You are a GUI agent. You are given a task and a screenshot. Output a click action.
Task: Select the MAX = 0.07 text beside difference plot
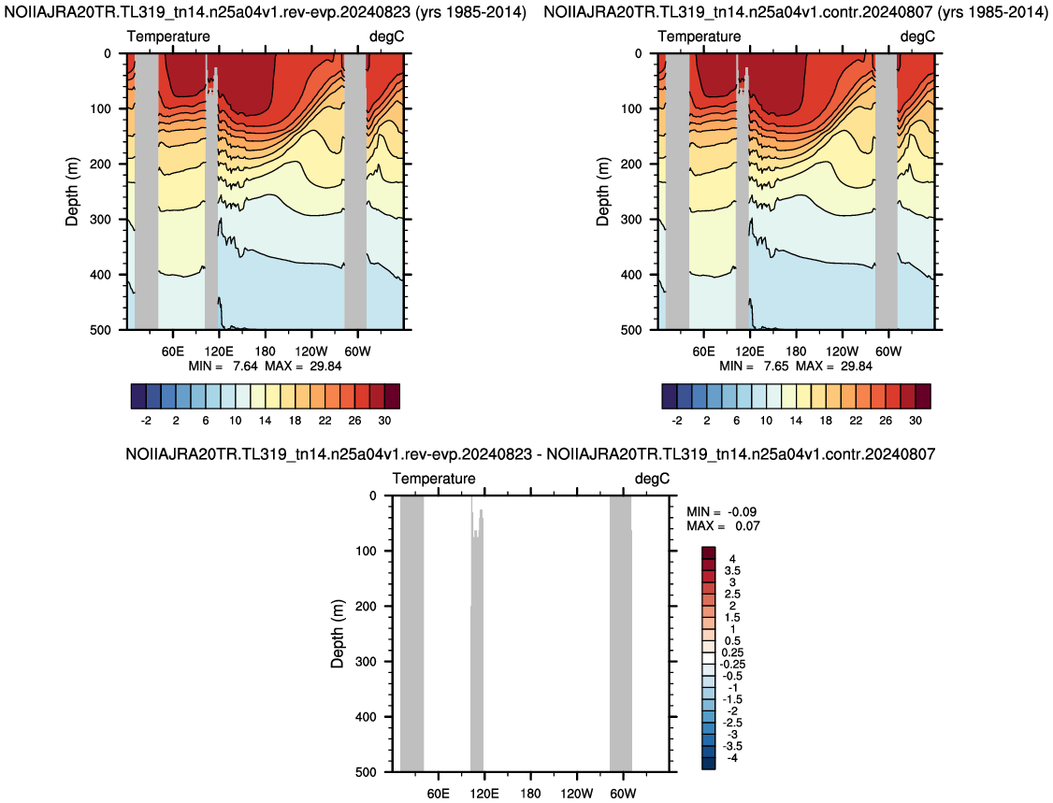(723, 525)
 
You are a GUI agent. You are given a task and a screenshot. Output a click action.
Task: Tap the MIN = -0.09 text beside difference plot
(721, 511)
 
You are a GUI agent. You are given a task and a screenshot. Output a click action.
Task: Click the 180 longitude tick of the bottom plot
(530, 794)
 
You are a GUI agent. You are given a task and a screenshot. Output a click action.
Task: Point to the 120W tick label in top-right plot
(843, 351)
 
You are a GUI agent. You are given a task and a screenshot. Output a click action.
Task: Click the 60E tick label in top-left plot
(173, 351)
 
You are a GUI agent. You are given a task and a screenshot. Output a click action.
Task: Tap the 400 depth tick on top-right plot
(631, 275)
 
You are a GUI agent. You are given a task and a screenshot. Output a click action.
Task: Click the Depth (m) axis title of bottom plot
(337, 634)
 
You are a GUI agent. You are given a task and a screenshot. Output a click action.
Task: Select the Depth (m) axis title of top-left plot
(72, 192)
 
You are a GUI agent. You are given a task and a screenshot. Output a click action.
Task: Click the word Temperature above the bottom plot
(434, 479)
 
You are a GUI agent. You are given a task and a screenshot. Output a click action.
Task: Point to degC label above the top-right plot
(917, 36)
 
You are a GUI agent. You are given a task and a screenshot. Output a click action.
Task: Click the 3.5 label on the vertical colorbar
(732, 570)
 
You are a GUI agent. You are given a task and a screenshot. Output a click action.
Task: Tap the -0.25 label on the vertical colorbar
(732, 664)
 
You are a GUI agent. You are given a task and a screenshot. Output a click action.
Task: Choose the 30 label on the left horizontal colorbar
(384, 421)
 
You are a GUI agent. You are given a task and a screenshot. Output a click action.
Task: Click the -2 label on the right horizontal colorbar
(677, 421)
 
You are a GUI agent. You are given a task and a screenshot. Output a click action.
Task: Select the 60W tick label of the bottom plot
(623, 794)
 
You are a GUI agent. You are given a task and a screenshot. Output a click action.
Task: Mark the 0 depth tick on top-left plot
(107, 53)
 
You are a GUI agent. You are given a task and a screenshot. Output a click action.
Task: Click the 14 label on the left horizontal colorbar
(266, 421)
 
